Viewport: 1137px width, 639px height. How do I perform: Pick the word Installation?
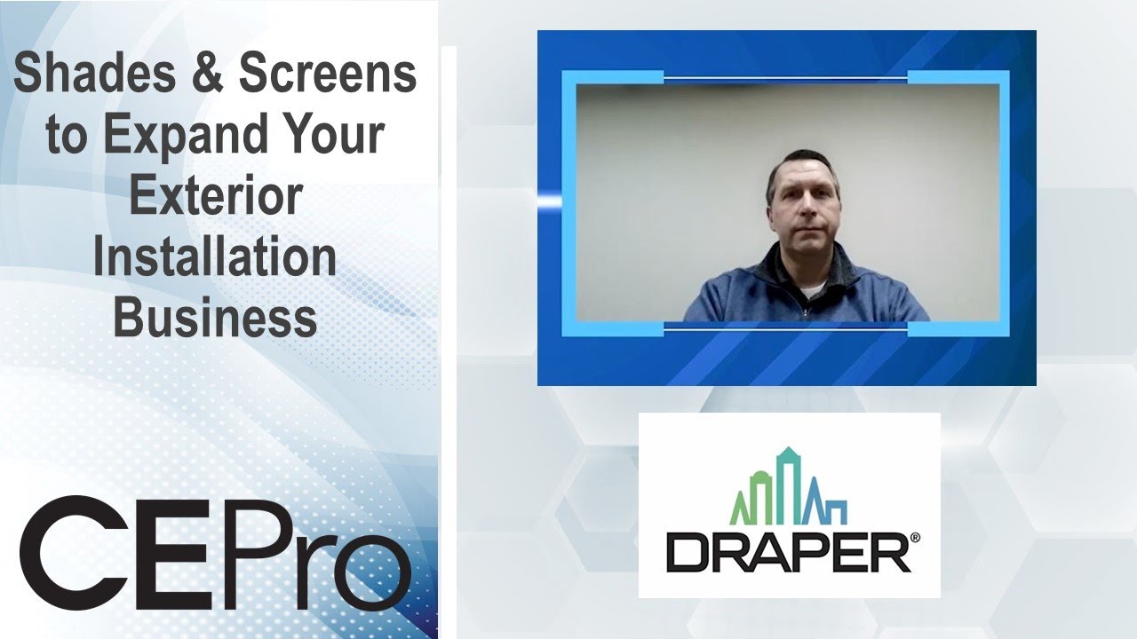[216, 256]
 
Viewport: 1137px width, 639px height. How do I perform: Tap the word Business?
[216, 318]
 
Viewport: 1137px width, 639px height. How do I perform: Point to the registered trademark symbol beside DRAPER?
[914, 538]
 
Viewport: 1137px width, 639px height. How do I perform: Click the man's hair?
[803, 164]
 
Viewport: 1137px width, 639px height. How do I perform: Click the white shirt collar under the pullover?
[810, 288]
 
